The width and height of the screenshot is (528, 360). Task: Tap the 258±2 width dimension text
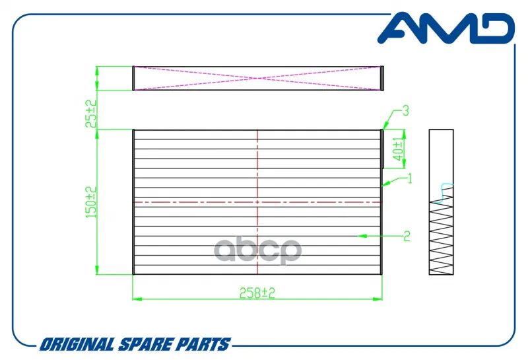pos(257,293)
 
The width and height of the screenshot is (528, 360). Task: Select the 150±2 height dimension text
pos(91,202)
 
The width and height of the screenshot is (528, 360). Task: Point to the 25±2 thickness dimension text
pos(91,114)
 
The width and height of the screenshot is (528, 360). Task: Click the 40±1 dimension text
pos(398,150)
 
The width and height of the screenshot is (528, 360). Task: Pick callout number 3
pos(406,110)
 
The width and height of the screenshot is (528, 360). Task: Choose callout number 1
pos(410,178)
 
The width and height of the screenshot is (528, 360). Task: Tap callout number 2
pos(407,236)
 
